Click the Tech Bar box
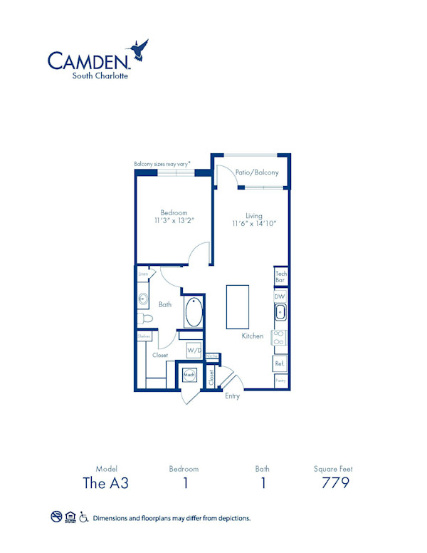click(x=280, y=277)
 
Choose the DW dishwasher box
click(x=280, y=296)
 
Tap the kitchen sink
click(x=280, y=311)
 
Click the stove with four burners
click(x=280, y=338)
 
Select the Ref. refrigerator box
click(x=280, y=363)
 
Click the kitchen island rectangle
click(x=238, y=305)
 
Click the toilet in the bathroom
click(x=144, y=318)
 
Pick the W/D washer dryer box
click(x=194, y=351)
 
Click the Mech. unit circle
click(x=189, y=374)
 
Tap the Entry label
click(x=232, y=396)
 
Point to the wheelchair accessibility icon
click(x=83, y=517)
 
